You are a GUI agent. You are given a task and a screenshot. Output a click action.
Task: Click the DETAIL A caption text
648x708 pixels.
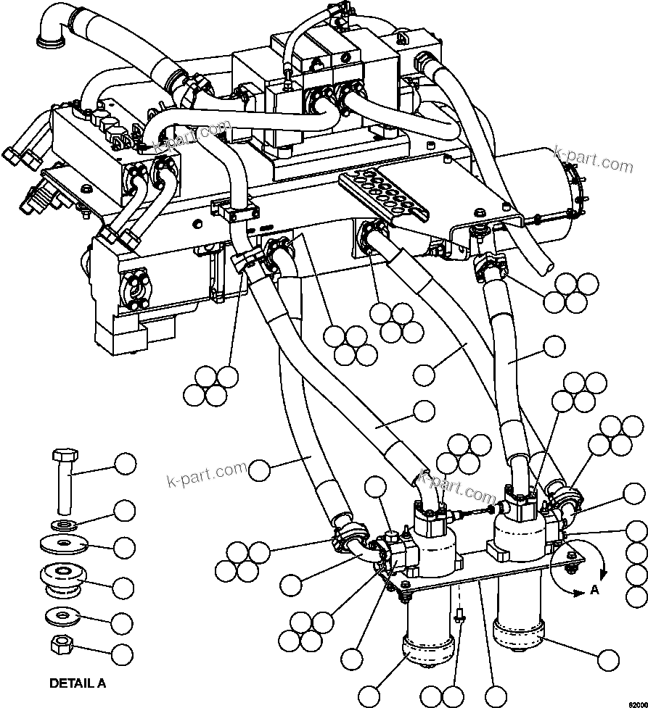77,683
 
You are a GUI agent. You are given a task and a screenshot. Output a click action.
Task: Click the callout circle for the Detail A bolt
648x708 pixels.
126,464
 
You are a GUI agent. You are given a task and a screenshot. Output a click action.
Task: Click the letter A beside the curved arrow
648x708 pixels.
594,590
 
